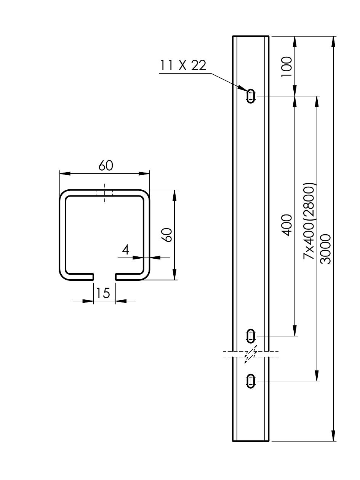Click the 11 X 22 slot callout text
[183, 65]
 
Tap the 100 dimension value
[286, 67]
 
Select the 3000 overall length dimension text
[325, 249]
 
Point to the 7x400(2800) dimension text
[309, 221]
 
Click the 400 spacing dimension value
[286, 225]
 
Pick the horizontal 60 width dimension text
[106, 166]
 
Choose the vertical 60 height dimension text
[168, 235]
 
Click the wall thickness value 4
[125, 250]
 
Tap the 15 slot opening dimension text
[103, 293]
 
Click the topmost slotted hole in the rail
[251, 96]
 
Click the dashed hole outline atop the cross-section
[104, 193]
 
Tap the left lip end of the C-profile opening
[93, 277]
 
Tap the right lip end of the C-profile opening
[116, 277]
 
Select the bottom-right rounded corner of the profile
[146, 277]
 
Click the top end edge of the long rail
[251, 36]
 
